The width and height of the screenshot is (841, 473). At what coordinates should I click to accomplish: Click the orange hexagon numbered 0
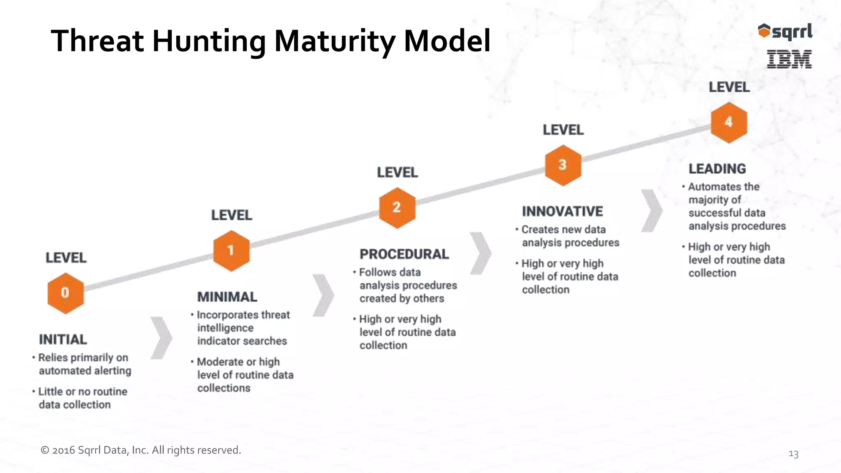point(65,293)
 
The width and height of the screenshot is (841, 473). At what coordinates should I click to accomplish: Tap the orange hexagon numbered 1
point(231,250)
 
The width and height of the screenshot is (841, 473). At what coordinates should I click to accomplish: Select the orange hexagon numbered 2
point(397,208)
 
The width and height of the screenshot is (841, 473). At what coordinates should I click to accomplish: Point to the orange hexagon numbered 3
point(563,165)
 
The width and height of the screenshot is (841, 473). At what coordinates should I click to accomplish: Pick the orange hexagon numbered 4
point(729,122)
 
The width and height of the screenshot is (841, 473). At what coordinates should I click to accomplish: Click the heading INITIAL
point(63,340)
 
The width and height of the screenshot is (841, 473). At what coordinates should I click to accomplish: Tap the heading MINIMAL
point(227,297)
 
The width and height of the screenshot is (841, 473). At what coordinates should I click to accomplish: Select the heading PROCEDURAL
point(404,254)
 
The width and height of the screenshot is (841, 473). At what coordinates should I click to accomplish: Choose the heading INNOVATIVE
point(562,211)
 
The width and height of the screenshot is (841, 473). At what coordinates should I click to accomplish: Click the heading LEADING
point(717,169)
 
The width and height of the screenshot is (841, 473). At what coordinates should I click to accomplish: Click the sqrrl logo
point(785,32)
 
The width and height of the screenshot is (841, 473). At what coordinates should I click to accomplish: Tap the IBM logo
point(789,59)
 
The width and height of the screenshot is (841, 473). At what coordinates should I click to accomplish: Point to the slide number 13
point(793,454)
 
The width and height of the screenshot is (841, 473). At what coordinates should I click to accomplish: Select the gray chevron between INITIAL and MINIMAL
point(161,338)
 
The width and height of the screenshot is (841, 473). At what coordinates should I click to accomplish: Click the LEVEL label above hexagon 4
point(729,87)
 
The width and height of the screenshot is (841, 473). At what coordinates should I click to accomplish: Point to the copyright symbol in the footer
point(45,450)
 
